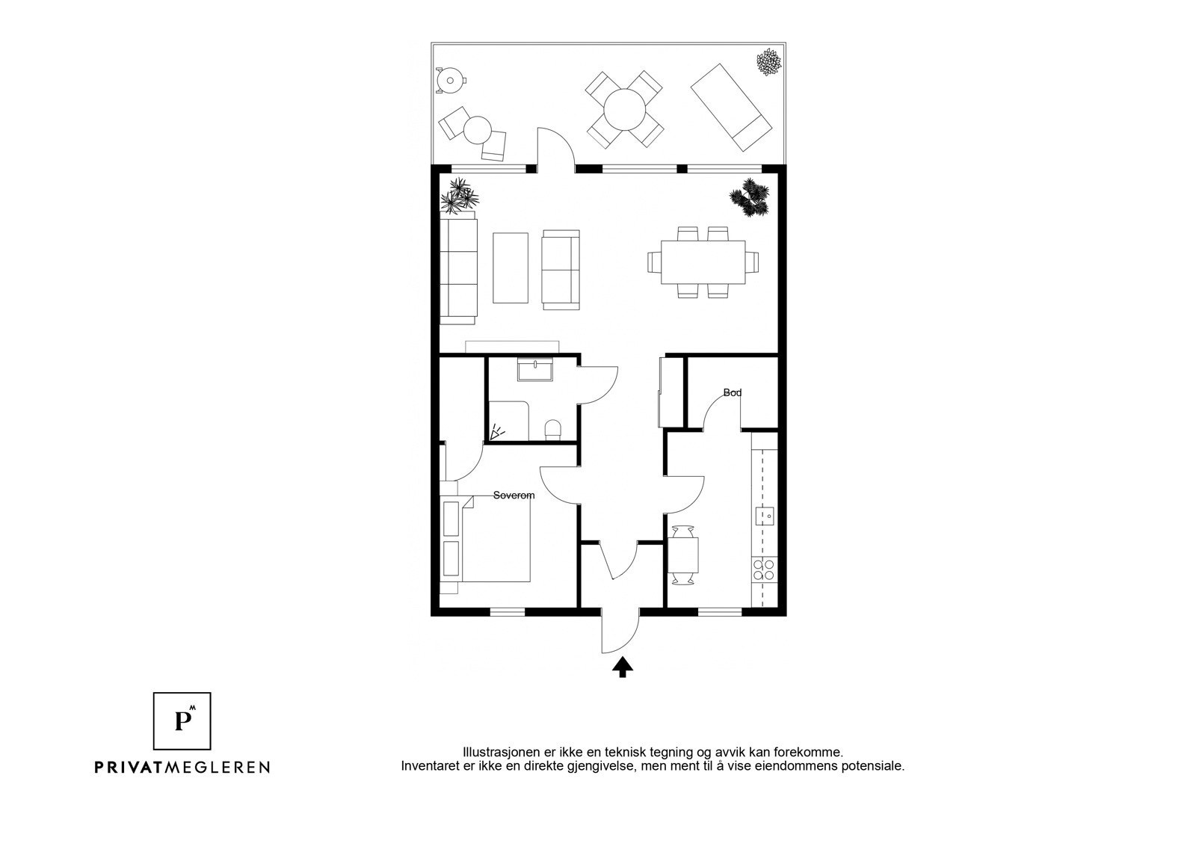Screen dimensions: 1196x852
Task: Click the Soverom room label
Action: coord(514,496)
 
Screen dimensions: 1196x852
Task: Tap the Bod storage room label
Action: coord(732,393)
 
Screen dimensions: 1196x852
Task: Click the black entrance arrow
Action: coord(622,667)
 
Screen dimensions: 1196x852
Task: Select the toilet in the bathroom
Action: coord(552,430)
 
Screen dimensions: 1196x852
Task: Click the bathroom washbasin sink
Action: coord(535,370)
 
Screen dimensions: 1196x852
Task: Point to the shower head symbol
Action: coord(496,432)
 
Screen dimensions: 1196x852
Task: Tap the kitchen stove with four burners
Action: coord(763,569)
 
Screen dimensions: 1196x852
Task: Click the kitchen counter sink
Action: coord(765,516)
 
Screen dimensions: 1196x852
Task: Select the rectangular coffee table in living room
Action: coord(511,268)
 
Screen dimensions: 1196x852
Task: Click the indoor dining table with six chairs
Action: coord(703,262)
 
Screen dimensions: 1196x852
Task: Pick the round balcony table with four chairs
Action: coord(625,109)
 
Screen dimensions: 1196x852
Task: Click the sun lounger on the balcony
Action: coord(731,107)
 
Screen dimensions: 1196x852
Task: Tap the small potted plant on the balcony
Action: coord(769,62)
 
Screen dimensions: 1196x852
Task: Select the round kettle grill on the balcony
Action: coord(449,81)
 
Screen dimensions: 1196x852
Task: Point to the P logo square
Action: coord(182,721)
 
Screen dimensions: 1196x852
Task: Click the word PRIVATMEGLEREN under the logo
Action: coord(182,768)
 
